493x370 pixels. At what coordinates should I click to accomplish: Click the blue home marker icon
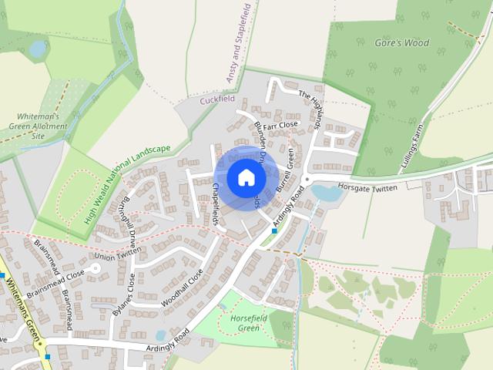pyautogui.click(x=246, y=178)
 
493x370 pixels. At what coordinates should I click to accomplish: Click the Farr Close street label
pyautogui.click(x=280, y=125)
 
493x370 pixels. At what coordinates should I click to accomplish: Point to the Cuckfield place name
pyautogui.click(x=216, y=100)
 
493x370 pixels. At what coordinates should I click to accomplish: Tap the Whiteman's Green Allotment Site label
pyautogui.click(x=39, y=126)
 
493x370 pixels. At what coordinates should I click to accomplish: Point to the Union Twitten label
pyautogui.click(x=118, y=254)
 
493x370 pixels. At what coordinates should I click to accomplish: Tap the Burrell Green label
pyautogui.click(x=285, y=170)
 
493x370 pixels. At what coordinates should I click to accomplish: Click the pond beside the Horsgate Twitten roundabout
pyautogui.click(x=326, y=193)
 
